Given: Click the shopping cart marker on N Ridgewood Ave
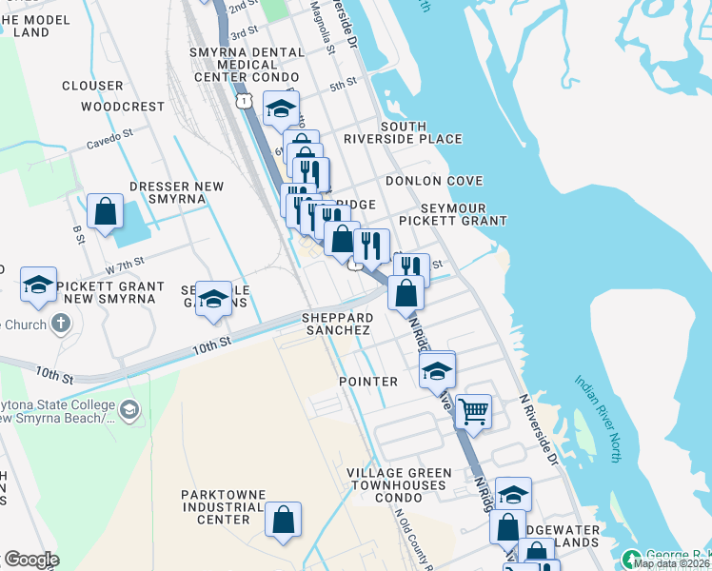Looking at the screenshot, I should click(x=473, y=412).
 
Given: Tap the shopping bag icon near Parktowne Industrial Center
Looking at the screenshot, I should click(x=283, y=520).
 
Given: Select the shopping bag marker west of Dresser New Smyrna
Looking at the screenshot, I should click(x=105, y=211).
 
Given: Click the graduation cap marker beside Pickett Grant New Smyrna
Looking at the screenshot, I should click(x=39, y=285).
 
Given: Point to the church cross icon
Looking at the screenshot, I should click(x=62, y=324).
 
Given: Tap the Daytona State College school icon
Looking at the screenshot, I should click(x=129, y=411).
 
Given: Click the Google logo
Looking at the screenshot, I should click(x=31, y=560).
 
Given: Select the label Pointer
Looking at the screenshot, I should click(x=368, y=382).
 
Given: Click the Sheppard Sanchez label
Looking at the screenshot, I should click(x=336, y=324).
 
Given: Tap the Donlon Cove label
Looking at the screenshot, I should click(x=434, y=181).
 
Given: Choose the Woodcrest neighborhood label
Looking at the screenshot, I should click(x=123, y=107).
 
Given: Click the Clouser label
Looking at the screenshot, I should click(x=92, y=86).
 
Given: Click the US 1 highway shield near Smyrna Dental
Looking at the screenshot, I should click(x=245, y=100).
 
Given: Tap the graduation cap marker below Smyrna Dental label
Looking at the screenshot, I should click(x=281, y=109).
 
